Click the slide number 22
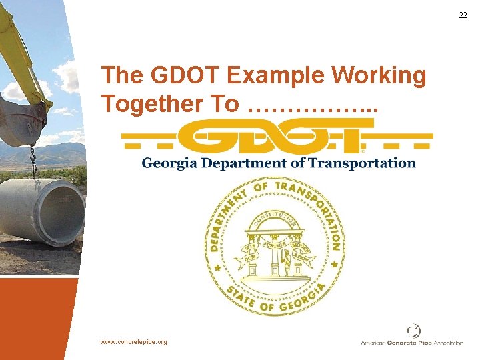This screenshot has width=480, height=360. click(463, 15)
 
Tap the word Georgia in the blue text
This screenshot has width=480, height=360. click(170, 163)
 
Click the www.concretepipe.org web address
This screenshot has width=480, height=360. click(134, 342)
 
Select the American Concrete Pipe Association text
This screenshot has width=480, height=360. click(411, 343)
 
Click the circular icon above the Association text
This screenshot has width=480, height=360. click(413, 331)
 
